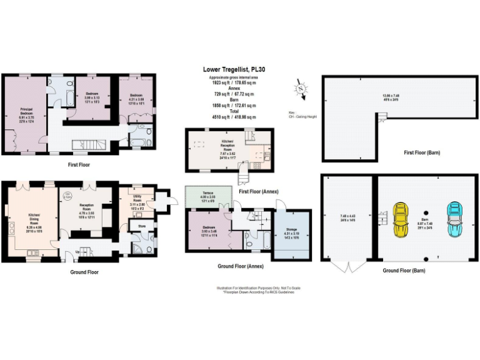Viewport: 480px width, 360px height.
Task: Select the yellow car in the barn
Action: pos(400,219)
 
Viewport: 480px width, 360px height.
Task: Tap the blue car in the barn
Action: pos(454,219)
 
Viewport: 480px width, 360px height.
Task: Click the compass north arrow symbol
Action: pos(302,88)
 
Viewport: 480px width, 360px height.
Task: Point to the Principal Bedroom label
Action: pos(26,111)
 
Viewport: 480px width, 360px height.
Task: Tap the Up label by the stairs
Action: pos(77,251)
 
